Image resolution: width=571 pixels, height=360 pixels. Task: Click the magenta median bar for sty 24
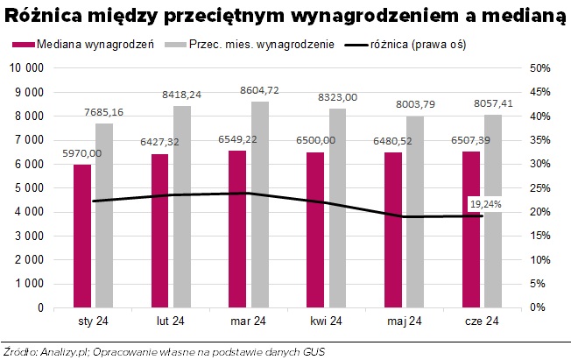82,236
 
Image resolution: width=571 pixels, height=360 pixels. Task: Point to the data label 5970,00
81,153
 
